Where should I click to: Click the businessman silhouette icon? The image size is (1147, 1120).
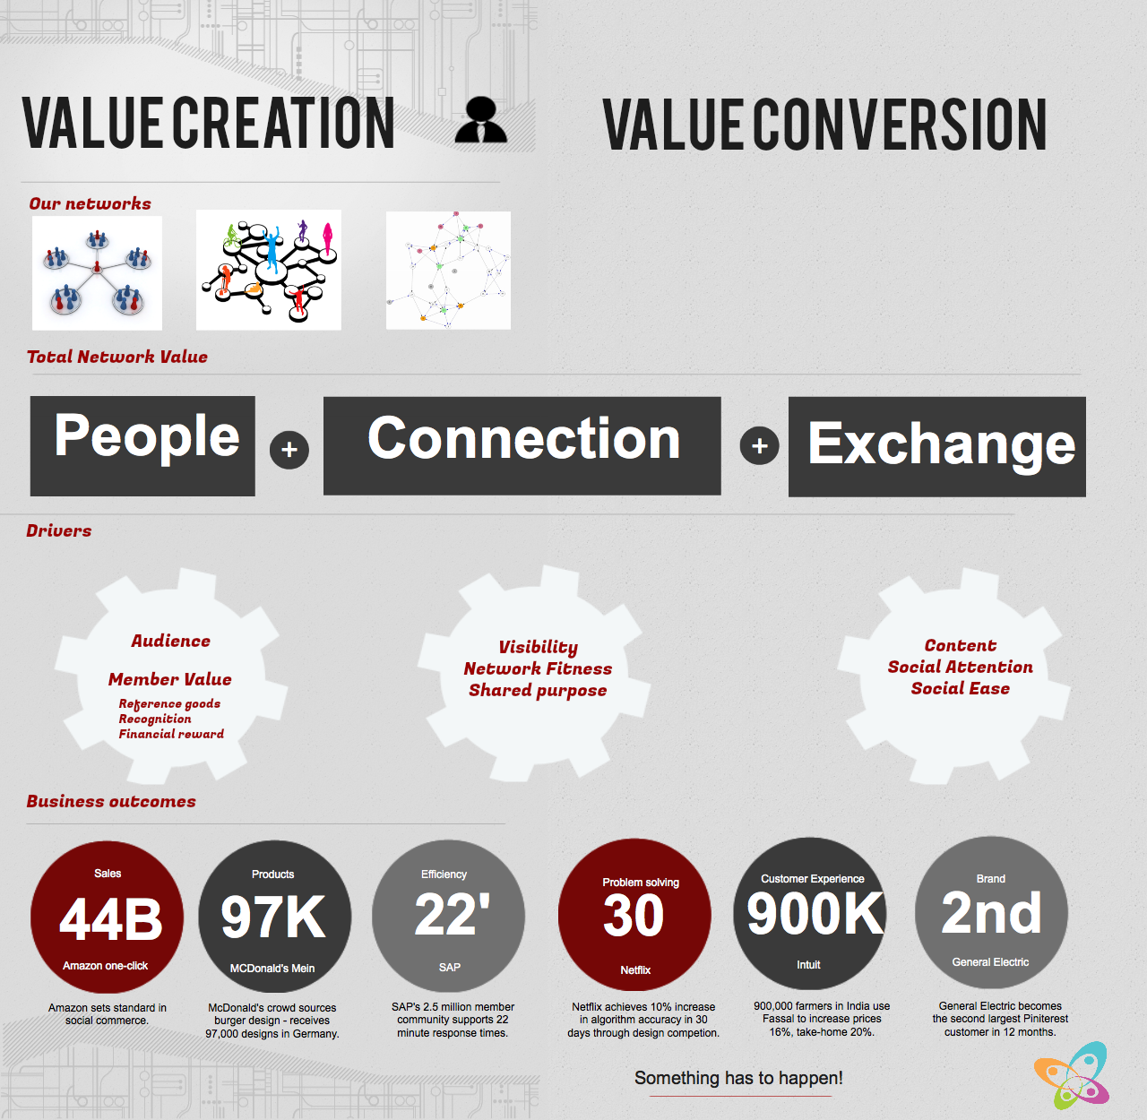click(x=481, y=120)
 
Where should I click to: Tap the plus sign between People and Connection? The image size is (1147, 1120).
click(x=289, y=450)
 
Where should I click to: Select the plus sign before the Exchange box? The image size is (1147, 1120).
click(x=759, y=445)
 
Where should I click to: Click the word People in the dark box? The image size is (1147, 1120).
click(x=147, y=435)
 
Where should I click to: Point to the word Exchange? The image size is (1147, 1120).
click(x=941, y=444)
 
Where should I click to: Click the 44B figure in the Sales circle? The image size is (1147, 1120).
click(x=110, y=919)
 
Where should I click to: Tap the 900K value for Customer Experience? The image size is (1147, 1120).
click(x=815, y=913)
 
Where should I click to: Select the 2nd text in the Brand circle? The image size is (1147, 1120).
click(x=991, y=912)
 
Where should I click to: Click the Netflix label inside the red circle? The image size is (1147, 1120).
click(x=635, y=970)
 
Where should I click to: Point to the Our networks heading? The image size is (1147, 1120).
click(x=91, y=203)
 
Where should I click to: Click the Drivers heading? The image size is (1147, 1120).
click(x=59, y=530)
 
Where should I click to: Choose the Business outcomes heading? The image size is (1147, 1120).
click(x=111, y=801)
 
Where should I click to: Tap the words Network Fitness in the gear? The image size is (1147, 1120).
click(x=538, y=668)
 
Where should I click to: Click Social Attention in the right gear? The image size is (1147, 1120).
click(x=960, y=667)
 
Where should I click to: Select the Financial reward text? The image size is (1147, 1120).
click(x=171, y=734)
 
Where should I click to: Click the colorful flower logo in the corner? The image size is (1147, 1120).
click(x=1072, y=1074)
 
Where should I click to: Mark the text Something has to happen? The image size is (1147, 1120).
click(x=738, y=1078)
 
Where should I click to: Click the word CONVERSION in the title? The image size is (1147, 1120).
click(x=900, y=124)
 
